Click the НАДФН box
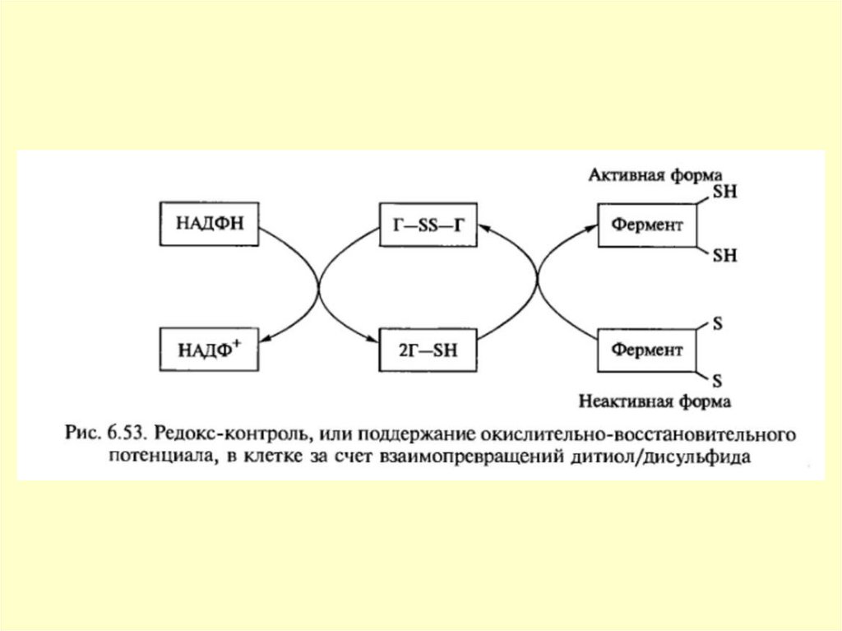click(x=210, y=223)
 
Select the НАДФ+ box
click(x=210, y=349)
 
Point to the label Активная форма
click(x=655, y=175)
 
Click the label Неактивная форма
click(x=655, y=402)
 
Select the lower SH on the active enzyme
click(x=724, y=256)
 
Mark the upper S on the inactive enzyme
click(x=716, y=324)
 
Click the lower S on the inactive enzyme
click(x=716, y=381)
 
